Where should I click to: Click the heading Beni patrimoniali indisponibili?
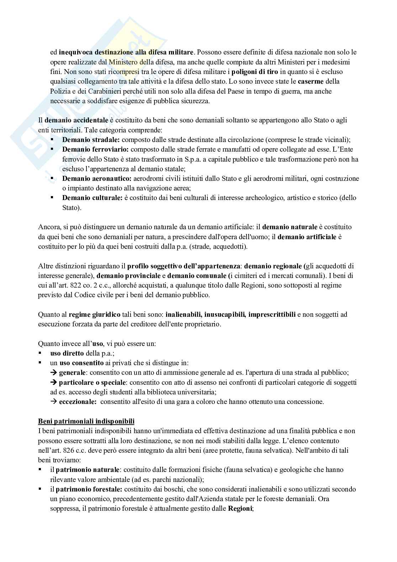[86, 421]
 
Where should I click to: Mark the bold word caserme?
[311, 81]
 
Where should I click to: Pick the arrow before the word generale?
[54, 373]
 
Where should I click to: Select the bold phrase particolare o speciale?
[92, 382]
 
